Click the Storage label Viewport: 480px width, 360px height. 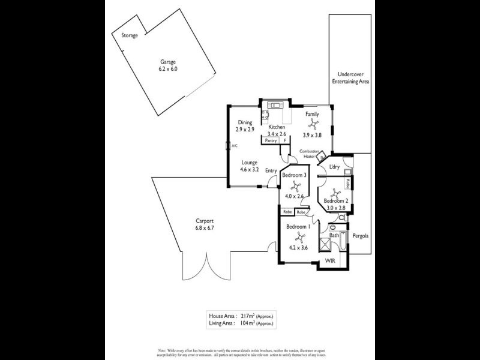[130, 35]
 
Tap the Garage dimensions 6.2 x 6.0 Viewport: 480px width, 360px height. [169, 69]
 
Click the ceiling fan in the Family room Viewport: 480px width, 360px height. [313, 124]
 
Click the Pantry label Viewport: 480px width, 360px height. [271, 141]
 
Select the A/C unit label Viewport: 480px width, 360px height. [235, 146]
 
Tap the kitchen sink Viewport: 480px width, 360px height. [275, 106]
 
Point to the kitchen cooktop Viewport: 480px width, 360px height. [264, 113]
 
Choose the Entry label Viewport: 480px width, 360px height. [271, 170]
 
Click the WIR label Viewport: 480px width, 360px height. [329, 261]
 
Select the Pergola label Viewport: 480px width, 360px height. [360, 236]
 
